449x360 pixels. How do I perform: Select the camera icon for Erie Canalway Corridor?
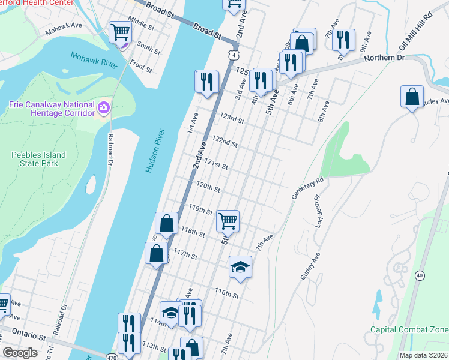(x=104, y=108)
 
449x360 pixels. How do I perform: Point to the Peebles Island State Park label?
(x=39, y=159)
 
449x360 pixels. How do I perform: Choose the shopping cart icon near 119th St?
(x=228, y=221)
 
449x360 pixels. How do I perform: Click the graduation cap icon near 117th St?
(x=240, y=266)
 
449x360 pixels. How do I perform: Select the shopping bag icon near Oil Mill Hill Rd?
(x=412, y=96)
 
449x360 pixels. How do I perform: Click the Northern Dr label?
(x=385, y=58)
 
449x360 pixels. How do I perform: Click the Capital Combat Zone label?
(x=409, y=329)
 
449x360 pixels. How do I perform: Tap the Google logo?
(x=20, y=353)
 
